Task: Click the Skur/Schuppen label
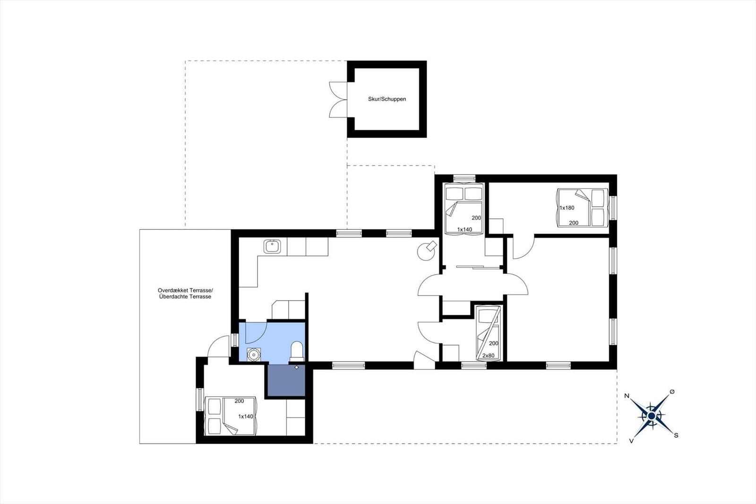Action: point(387,99)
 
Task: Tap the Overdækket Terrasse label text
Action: point(185,290)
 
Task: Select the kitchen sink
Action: point(272,246)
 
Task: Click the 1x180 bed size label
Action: point(567,208)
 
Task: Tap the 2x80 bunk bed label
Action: point(489,356)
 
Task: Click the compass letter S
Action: point(676,435)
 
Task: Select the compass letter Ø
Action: point(672,391)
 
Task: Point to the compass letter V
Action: point(631,441)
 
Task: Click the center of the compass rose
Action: point(652,416)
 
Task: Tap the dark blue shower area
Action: point(286,381)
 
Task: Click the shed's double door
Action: point(338,100)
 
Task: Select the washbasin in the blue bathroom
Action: point(253,354)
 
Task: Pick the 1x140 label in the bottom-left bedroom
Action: point(246,417)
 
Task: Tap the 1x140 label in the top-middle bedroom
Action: point(464,230)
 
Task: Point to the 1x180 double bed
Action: point(583,208)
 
